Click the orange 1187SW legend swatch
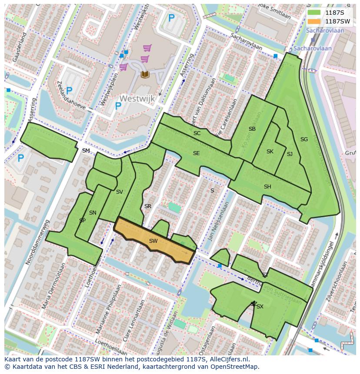point(313,21)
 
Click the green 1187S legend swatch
point(313,13)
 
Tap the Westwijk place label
point(137,99)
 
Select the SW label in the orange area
point(153,241)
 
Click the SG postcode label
point(304,139)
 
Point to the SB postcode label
point(252,129)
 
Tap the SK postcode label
point(270,152)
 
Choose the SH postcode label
point(267,187)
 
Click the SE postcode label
point(196,153)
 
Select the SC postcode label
point(197,133)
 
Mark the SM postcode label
point(86,151)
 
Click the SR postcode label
point(148,206)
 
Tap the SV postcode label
point(120,192)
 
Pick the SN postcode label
point(93,213)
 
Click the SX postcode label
point(260,307)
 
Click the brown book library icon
point(145,74)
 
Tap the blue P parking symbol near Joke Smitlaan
point(171,18)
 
